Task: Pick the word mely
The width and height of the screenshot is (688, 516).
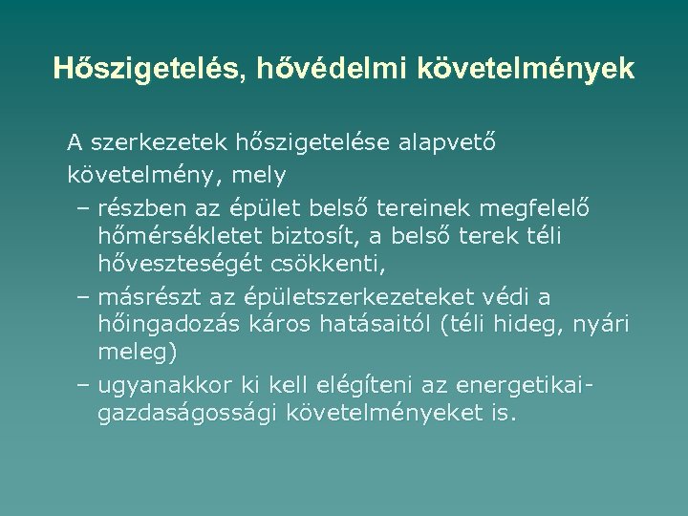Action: click(x=260, y=176)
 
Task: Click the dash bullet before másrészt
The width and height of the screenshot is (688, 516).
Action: click(x=81, y=297)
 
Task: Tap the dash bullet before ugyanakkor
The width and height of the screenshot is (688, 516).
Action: click(x=81, y=387)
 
